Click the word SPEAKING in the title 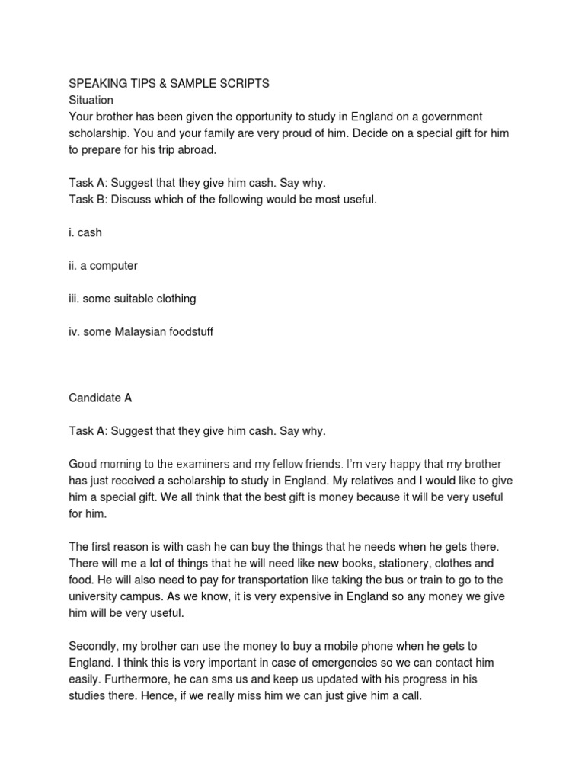(96, 84)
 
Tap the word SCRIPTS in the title (243, 84)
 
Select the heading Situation (91, 100)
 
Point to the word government (451, 117)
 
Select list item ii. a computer (103, 266)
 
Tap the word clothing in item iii (173, 299)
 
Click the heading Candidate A (100, 398)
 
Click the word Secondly (94, 647)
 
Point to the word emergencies (307, 663)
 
